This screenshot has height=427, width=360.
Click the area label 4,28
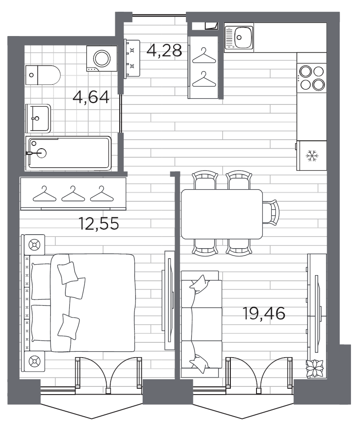point(164,50)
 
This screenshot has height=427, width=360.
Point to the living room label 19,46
point(264,313)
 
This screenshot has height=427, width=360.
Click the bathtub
point(69,153)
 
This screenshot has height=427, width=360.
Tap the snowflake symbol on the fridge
point(311,156)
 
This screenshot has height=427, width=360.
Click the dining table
point(221,214)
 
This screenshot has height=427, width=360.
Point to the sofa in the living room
point(201,324)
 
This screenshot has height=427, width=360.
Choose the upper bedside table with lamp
point(34,245)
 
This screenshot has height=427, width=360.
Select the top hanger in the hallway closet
point(205,55)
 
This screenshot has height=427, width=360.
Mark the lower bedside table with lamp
point(34,361)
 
